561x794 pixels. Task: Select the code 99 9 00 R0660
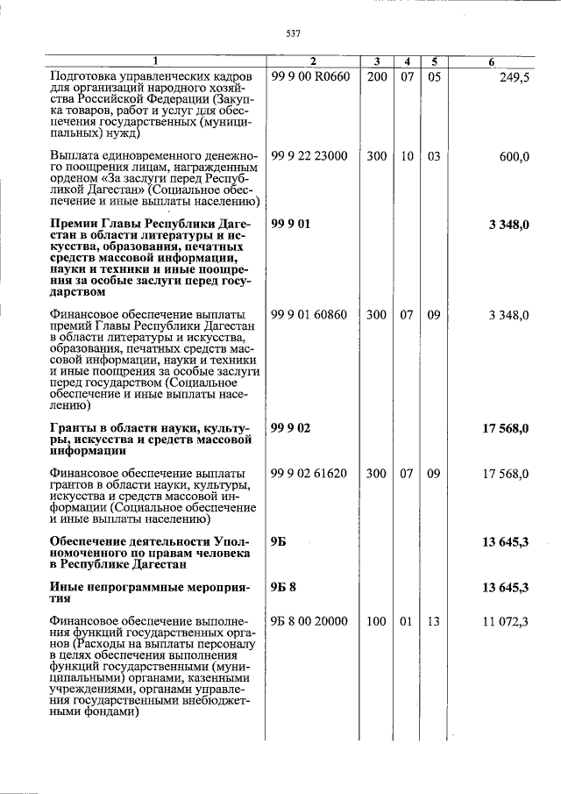tap(310, 77)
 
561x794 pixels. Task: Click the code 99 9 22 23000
tap(309, 156)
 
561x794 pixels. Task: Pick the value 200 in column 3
tap(377, 77)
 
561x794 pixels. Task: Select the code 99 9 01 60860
tap(309, 314)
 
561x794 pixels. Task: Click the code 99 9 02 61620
tap(309, 473)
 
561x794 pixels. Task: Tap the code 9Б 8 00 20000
tap(309, 621)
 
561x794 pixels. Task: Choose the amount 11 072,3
tap(505, 621)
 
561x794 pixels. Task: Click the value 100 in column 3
tap(377, 621)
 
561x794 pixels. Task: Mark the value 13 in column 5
tap(434, 621)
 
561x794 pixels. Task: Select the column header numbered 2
tap(312, 61)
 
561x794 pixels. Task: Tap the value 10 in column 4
tap(407, 156)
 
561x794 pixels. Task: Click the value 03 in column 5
tap(434, 156)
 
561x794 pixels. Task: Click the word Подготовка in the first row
tap(86, 77)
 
